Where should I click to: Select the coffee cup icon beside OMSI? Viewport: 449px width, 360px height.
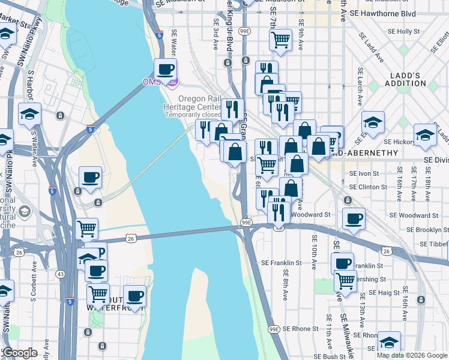165,69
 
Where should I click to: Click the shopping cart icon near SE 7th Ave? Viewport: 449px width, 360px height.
280,40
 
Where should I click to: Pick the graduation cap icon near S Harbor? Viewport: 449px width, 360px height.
29,113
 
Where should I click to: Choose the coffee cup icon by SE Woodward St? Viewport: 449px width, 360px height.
354,218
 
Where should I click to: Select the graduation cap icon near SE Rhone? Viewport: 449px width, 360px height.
389,342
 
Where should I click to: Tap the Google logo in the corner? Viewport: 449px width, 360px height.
20,353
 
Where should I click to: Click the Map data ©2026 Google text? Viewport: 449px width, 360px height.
411,355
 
